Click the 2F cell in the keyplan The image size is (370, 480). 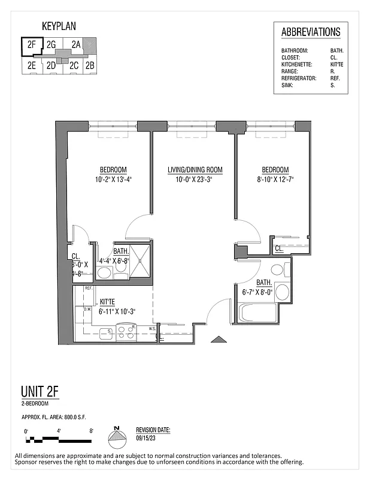tap(32, 44)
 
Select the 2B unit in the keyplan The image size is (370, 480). tap(90, 65)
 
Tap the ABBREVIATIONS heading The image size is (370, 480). tap(311, 32)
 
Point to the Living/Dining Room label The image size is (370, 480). tap(195, 170)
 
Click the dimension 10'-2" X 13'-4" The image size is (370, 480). tap(113, 179)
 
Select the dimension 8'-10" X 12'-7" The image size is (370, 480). tap(275, 179)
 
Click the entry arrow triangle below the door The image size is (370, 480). tap(219, 340)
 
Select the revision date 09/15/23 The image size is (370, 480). tap(145, 437)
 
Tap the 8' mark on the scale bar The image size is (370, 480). tap(90, 431)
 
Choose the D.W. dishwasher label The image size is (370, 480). tap(87, 310)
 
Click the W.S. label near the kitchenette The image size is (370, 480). tap(153, 328)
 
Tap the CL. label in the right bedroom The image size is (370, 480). tap(279, 248)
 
